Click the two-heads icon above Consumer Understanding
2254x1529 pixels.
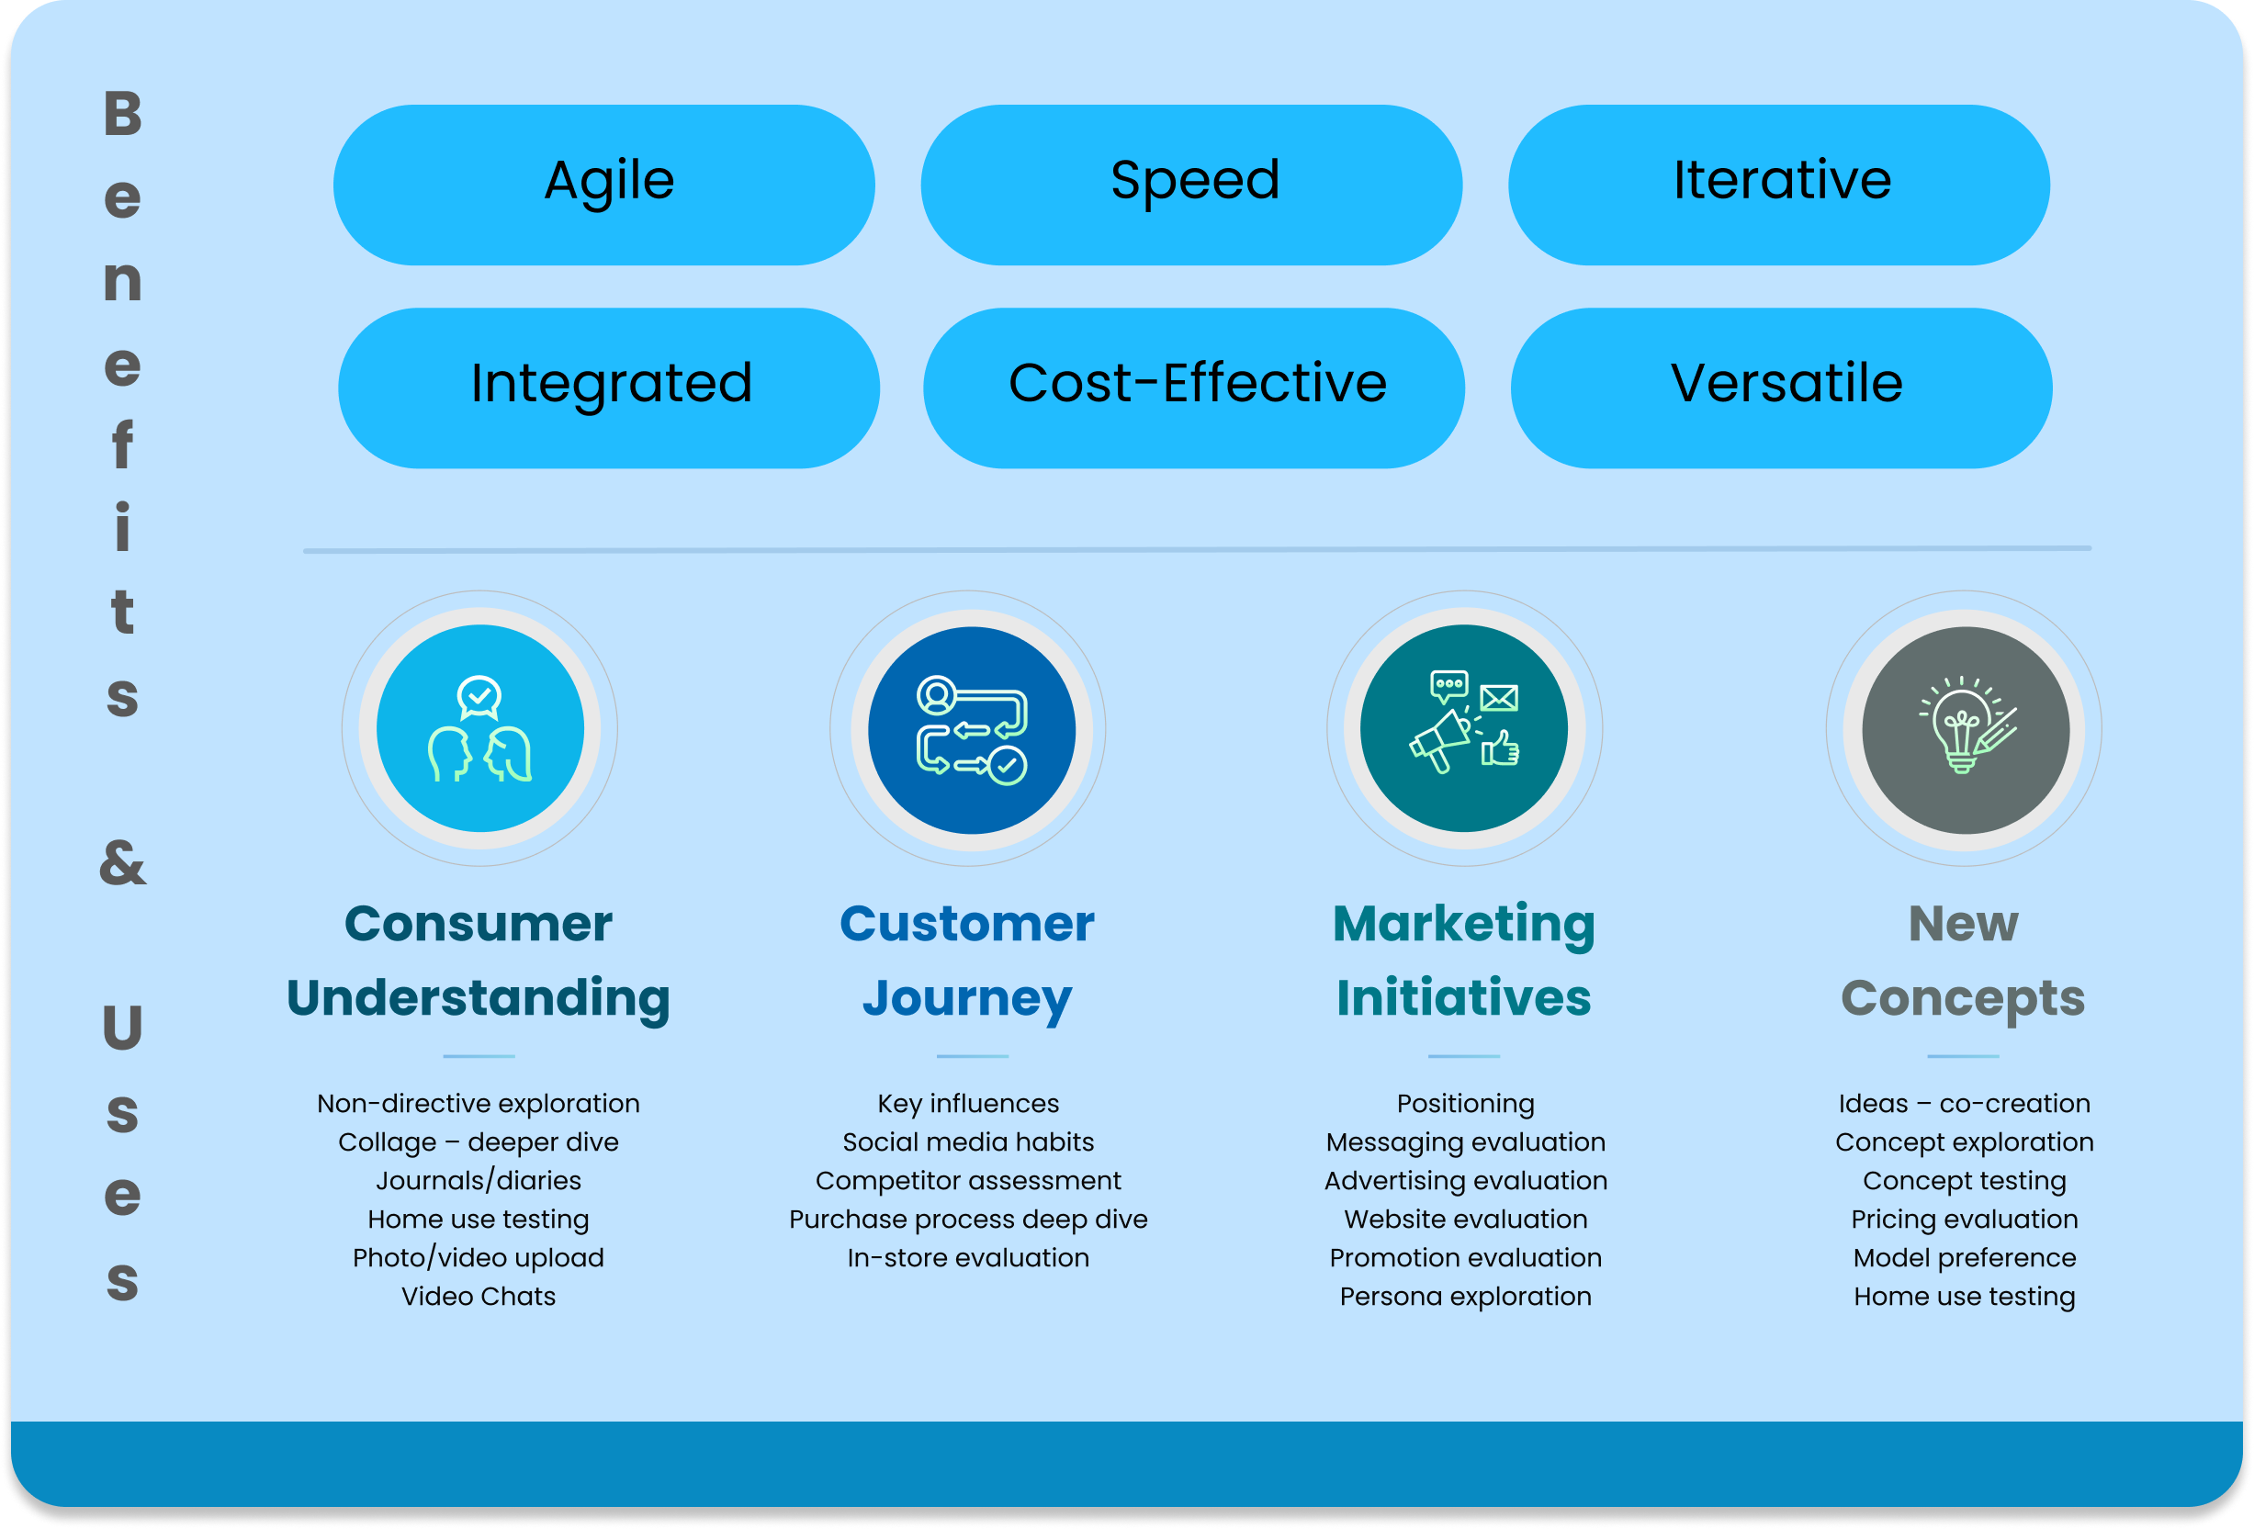[x=480, y=728]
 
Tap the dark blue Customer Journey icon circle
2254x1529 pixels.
[x=971, y=730]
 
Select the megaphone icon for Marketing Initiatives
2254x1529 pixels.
[x=1463, y=728]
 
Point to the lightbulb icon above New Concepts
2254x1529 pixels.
[x=1965, y=730]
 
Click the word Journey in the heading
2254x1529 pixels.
[x=967, y=998]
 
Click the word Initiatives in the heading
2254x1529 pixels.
[x=1463, y=998]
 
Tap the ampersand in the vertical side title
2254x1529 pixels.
[x=122, y=863]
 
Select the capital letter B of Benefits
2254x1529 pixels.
[x=123, y=114]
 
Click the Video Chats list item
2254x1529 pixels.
[x=479, y=1297]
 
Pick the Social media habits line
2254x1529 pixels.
[x=968, y=1142]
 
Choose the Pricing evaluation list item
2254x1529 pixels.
[x=1964, y=1219]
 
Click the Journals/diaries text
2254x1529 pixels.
[x=479, y=1181]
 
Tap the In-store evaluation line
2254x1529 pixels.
[x=968, y=1257]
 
